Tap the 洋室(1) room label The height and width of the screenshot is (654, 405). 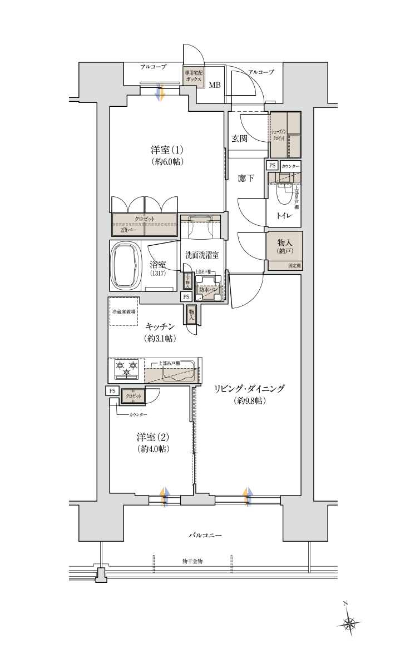point(167,150)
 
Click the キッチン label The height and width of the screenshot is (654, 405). point(161,326)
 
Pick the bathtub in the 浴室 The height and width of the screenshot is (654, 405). point(126,265)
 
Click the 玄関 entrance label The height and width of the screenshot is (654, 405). point(239,138)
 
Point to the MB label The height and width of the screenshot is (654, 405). point(215,85)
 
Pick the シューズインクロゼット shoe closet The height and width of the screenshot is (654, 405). point(285,135)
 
